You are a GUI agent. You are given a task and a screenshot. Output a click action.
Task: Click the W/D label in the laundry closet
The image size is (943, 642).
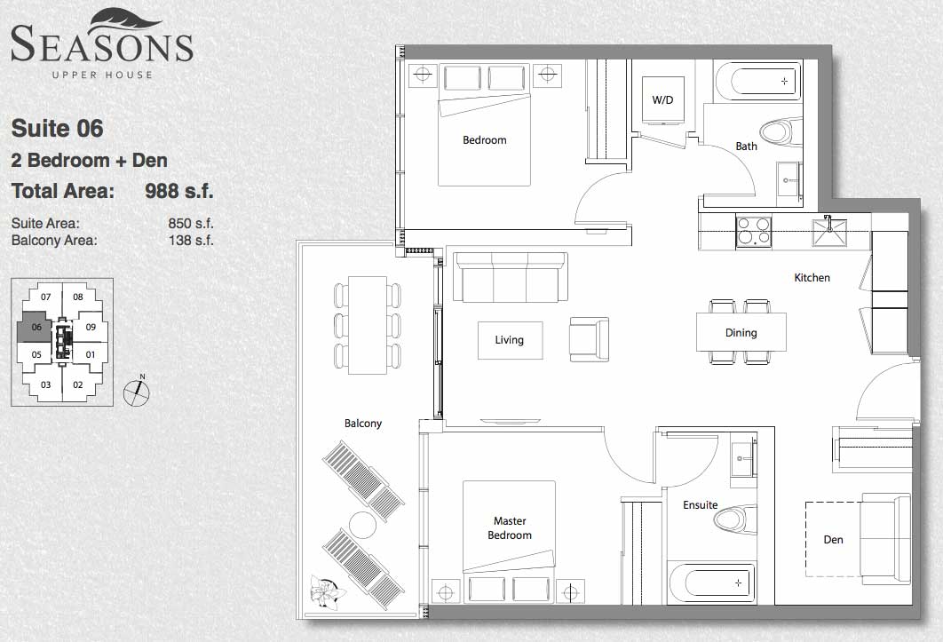tap(662, 100)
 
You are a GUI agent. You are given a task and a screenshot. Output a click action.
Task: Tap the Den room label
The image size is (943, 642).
tap(833, 540)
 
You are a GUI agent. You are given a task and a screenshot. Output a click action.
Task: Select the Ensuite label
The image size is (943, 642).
tap(700, 505)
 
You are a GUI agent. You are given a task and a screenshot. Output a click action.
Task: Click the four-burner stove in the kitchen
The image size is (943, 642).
tap(754, 231)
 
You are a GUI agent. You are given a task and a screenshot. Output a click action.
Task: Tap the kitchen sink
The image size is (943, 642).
tap(830, 233)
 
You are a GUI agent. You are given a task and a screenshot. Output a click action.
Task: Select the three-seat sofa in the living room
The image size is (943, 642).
tap(511, 277)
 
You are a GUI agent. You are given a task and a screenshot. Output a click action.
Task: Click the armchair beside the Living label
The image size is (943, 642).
tap(590, 340)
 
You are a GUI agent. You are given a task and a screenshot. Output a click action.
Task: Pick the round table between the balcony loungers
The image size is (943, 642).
tap(362, 525)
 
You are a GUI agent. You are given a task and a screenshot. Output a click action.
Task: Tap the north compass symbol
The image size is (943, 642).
tap(137, 392)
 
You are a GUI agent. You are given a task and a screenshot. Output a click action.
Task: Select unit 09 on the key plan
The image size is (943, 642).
tap(91, 327)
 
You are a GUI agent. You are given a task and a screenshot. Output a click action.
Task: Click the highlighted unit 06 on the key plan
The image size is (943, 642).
tap(36, 327)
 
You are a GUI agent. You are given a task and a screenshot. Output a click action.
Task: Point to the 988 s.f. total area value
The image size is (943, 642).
tap(179, 191)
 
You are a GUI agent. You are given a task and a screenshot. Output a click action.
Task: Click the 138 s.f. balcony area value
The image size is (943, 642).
tap(191, 241)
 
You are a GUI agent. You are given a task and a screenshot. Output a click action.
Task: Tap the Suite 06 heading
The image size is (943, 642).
tap(57, 128)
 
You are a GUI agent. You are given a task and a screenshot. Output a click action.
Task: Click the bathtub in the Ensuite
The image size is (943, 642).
tap(711, 583)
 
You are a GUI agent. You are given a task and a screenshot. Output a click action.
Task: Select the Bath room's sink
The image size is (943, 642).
tap(789, 178)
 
